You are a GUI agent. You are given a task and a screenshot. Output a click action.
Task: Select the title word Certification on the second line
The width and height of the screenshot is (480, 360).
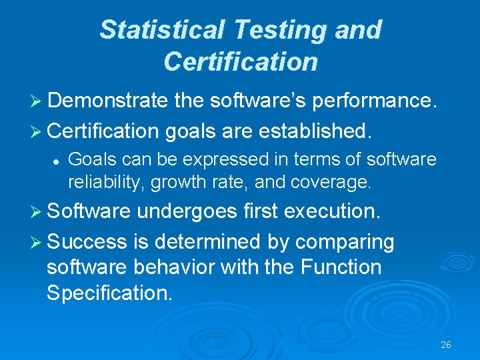click(x=240, y=61)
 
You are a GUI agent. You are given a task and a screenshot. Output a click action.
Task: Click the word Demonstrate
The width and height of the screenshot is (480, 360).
click(x=107, y=100)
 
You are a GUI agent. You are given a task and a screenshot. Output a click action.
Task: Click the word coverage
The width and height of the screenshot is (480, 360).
click(x=343, y=181)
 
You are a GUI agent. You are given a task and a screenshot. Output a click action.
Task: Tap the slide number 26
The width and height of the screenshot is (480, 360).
click(x=446, y=345)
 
